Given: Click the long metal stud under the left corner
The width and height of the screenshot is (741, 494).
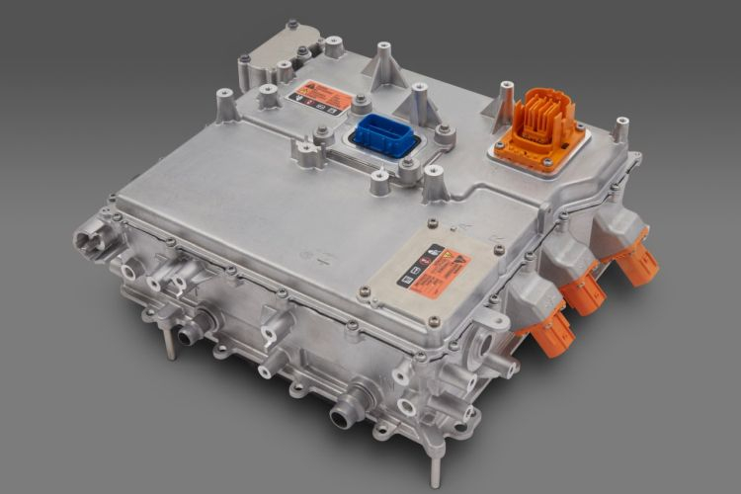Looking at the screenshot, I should pos(171,343).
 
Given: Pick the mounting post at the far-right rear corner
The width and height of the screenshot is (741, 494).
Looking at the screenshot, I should pos(620,129).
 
